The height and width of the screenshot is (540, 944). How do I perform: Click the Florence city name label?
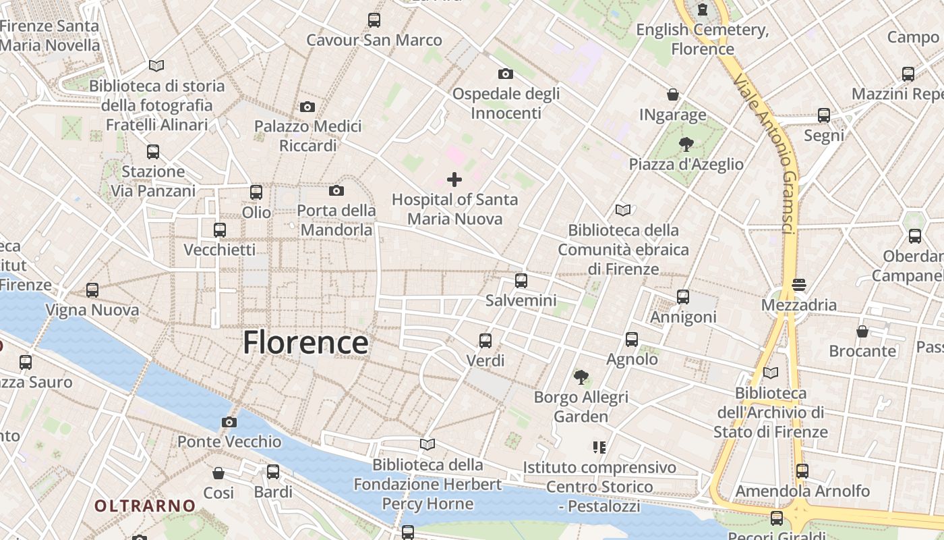305,342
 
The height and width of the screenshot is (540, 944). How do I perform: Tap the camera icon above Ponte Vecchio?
229,423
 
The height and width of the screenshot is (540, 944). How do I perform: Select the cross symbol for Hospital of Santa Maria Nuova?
454,180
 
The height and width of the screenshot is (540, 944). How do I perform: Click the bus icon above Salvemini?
521,281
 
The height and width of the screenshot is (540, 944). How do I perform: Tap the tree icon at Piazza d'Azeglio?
686,144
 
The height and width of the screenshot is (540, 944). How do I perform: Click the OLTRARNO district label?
145,506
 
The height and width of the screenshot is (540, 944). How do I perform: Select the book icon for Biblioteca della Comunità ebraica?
623,211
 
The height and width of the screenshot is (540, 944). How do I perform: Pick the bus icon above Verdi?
485,341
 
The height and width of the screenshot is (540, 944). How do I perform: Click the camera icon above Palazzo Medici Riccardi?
307,107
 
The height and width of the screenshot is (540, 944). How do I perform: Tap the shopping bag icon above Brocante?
862,331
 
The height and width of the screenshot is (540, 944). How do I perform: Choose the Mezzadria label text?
799,305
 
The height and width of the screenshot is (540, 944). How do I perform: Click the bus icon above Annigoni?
683,297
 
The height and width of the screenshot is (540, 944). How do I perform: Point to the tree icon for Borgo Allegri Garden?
581,377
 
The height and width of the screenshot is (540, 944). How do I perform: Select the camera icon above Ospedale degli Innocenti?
505,74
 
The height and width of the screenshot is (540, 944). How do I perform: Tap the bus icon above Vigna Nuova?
92,290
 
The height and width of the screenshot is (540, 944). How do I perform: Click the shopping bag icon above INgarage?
672,94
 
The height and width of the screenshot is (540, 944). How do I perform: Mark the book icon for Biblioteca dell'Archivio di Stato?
771,373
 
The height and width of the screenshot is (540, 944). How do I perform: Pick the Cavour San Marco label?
374,40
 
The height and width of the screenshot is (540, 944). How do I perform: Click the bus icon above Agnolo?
632,340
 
